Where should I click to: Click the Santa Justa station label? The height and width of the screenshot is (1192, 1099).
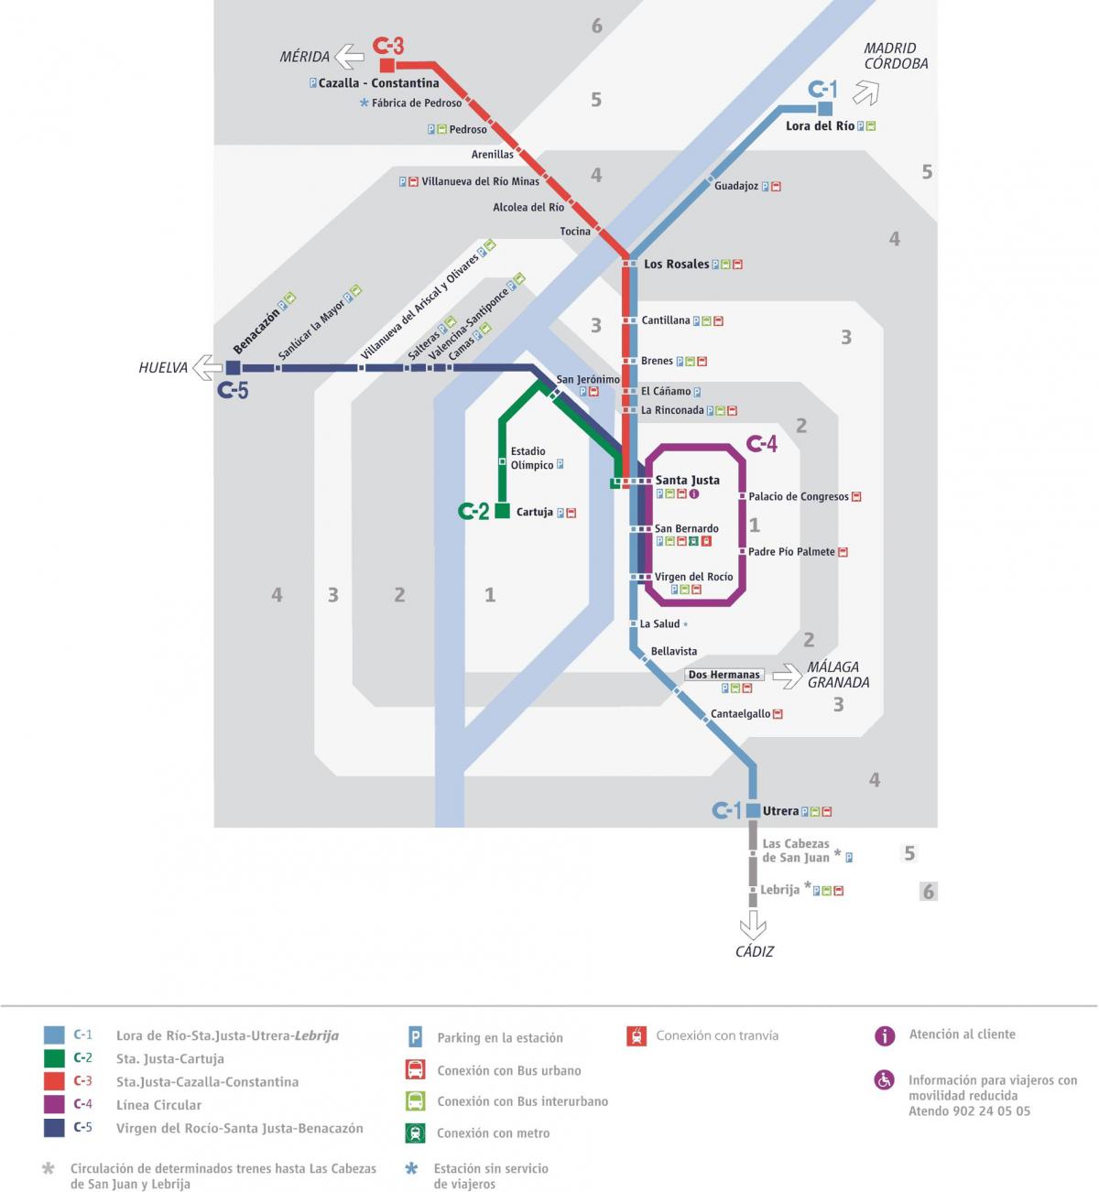(x=687, y=480)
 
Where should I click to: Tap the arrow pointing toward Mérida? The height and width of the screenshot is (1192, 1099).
(x=349, y=57)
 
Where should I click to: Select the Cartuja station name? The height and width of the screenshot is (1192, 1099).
(x=534, y=512)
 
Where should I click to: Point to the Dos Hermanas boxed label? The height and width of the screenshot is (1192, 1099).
(x=724, y=675)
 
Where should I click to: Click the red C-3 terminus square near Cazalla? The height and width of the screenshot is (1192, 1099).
(x=387, y=65)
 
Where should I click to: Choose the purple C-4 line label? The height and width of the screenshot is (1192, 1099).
(x=762, y=444)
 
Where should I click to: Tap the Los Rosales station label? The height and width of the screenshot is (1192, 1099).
(x=676, y=264)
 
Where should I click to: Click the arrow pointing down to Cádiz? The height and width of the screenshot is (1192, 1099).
(x=753, y=925)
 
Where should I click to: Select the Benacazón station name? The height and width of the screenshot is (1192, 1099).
(x=256, y=331)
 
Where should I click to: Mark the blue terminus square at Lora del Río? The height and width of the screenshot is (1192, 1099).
(x=825, y=109)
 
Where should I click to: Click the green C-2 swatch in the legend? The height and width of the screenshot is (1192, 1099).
(x=54, y=1058)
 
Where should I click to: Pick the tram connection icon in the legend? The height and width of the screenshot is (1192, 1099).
(x=637, y=1035)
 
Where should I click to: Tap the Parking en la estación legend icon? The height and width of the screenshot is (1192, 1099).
(x=415, y=1037)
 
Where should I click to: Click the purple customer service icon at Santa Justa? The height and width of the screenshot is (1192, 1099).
(x=694, y=493)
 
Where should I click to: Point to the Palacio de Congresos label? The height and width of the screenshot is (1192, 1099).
(x=798, y=496)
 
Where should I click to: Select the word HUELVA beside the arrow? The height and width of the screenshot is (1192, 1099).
(x=163, y=367)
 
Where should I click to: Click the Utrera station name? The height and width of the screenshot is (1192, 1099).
(x=780, y=810)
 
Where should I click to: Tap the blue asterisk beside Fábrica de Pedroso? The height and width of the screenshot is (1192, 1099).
(x=364, y=103)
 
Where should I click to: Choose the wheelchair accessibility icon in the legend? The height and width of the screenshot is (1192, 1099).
(x=885, y=1079)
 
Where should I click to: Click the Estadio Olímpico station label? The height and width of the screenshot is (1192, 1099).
(x=532, y=458)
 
